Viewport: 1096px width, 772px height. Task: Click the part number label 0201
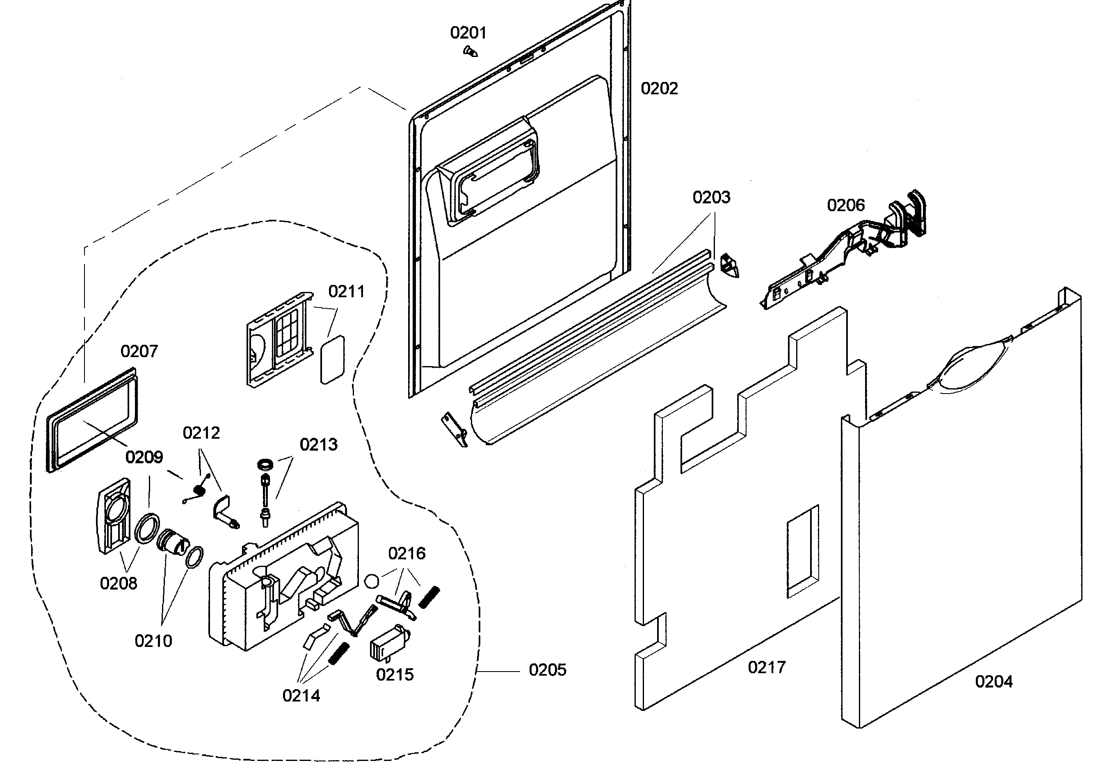pyautogui.click(x=468, y=33)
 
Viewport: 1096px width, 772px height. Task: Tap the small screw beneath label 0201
pyautogui.click(x=470, y=52)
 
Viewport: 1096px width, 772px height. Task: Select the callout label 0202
pyautogui.click(x=659, y=89)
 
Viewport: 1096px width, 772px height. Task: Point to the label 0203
pyautogui.click(x=711, y=198)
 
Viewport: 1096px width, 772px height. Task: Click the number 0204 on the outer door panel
pyautogui.click(x=993, y=682)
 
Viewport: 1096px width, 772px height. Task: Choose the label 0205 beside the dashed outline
pyautogui.click(x=548, y=670)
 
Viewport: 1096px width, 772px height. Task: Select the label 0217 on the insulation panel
pyautogui.click(x=767, y=667)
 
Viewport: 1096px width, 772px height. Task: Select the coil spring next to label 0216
pyautogui.click(x=429, y=597)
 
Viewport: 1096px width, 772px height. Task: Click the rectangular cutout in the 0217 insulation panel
pyautogui.click(x=802, y=551)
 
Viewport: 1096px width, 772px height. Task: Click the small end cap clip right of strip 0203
pyautogui.click(x=729, y=265)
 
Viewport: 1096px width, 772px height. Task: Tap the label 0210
pyautogui.click(x=153, y=641)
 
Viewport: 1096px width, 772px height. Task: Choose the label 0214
pyautogui.click(x=301, y=696)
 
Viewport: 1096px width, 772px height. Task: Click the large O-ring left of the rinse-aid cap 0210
pyautogui.click(x=146, y=527)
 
